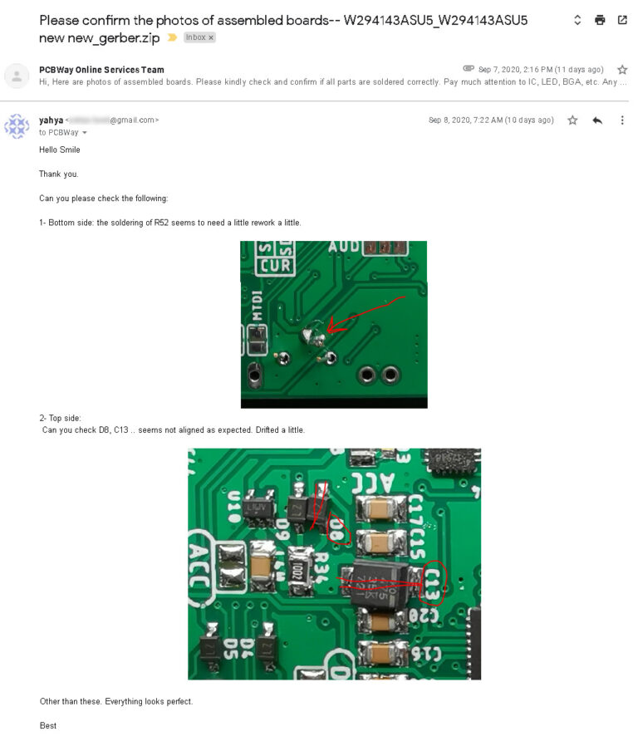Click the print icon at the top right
coord(600,21)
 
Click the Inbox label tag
coord(199,37)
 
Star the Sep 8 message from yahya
coord(572,120)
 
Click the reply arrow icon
coord(597,120)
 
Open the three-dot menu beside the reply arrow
coord(622,120)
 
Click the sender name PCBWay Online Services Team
coord(101,70)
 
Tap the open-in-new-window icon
coord(622,21)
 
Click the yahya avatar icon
coord(17,126)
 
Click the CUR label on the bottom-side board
coord(273,266)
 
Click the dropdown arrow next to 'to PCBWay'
coord(85,133)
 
